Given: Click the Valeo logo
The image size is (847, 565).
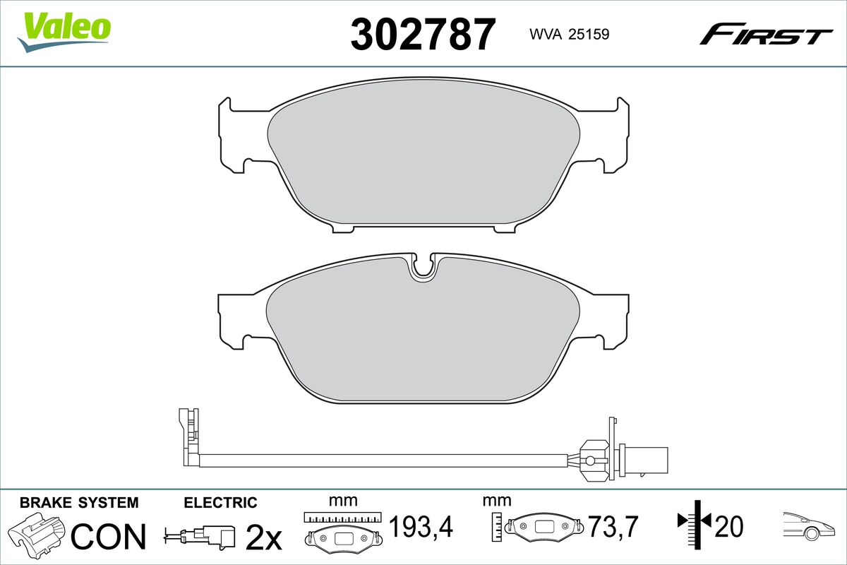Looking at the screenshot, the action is [x=64, y=32].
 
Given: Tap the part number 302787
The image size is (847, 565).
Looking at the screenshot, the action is [x=423, y=35].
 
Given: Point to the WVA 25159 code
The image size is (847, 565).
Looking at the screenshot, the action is [x=569, y=35].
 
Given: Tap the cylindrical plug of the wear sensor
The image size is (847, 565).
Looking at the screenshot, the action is [x=643, y=460].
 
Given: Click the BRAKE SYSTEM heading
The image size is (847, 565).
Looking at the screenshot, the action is [x=79, y=503].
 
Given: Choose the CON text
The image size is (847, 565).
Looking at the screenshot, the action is [x=109, y=536].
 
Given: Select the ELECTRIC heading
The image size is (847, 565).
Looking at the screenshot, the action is [x=220, y=503].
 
